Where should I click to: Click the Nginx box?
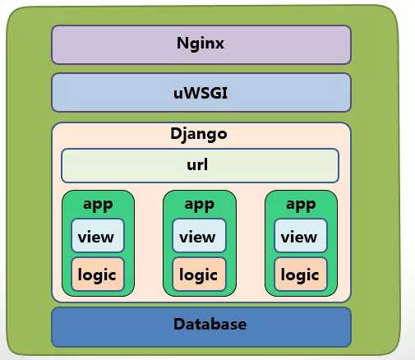point(201,44)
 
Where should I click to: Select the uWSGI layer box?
point(201,92)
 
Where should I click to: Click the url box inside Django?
point(200,165)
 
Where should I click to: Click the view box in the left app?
point(97,237)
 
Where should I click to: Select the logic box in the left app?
point(97,274)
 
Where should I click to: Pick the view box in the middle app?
point(198,237)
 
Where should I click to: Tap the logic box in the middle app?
point(198,274)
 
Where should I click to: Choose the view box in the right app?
point(300,237)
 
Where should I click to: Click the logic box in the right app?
point(300,274)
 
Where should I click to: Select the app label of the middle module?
point(199,204)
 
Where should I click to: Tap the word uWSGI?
point(201,92)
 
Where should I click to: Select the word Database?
point(210,325)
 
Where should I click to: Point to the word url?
point(197,164)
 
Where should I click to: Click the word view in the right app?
point(299,238)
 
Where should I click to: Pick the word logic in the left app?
point(97,275)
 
